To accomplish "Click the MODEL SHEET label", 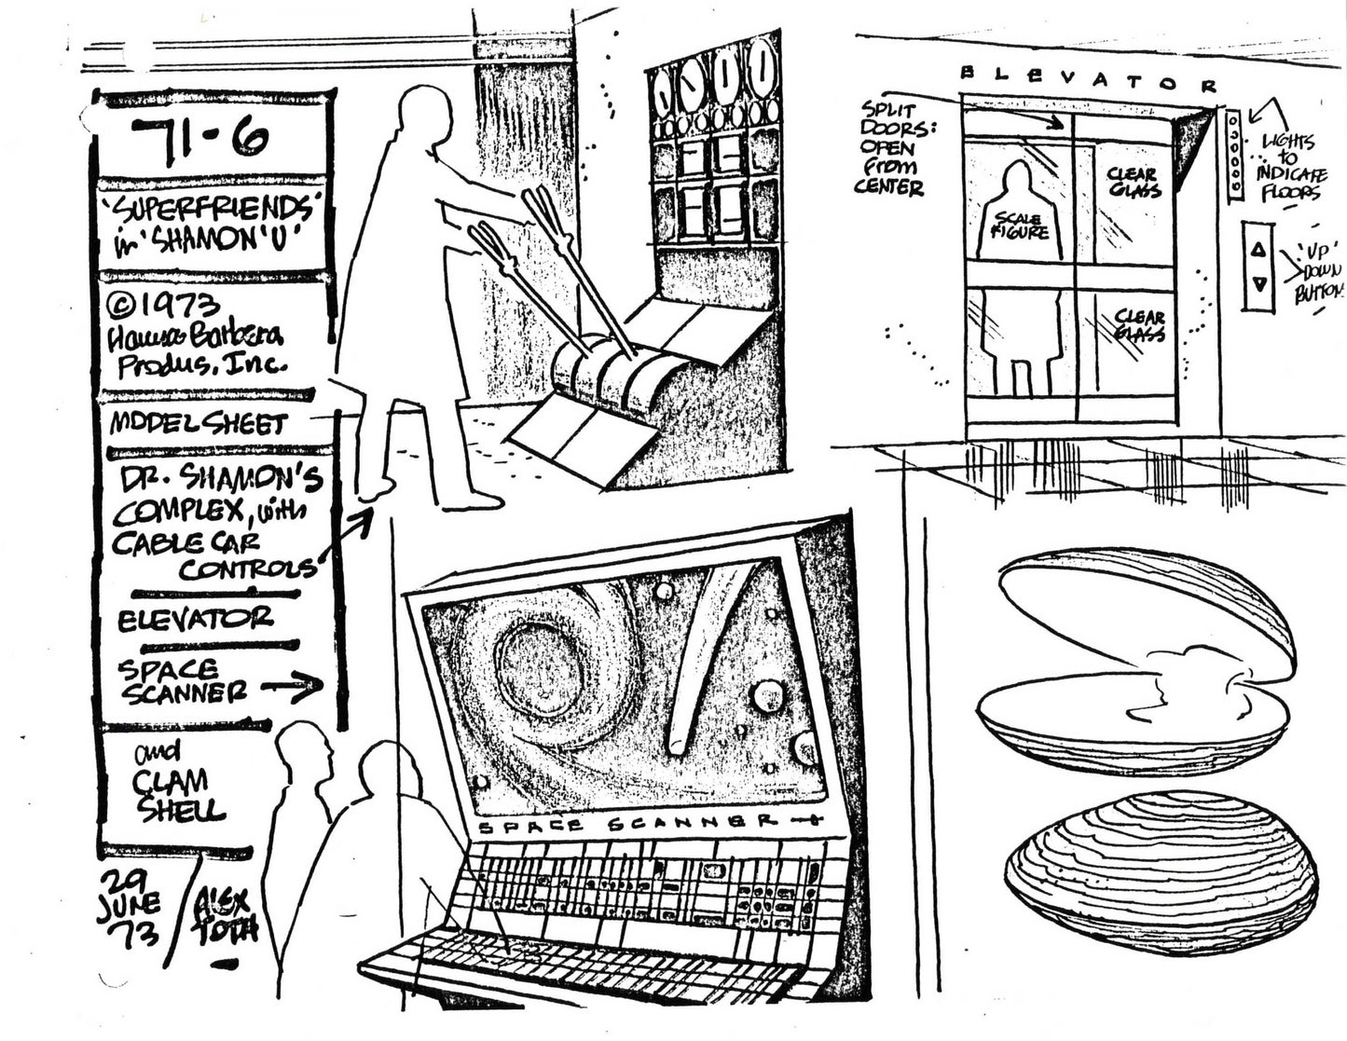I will (198, 424).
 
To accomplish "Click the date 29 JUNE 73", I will (131, 903).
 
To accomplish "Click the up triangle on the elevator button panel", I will (1258, 249).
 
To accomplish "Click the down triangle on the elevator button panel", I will (1258, 284).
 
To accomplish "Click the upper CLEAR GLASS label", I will (1134, 182).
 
